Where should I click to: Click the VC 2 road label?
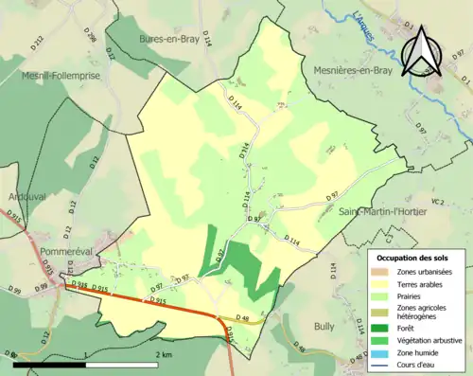pyautogui.click(x=437, y=202)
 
